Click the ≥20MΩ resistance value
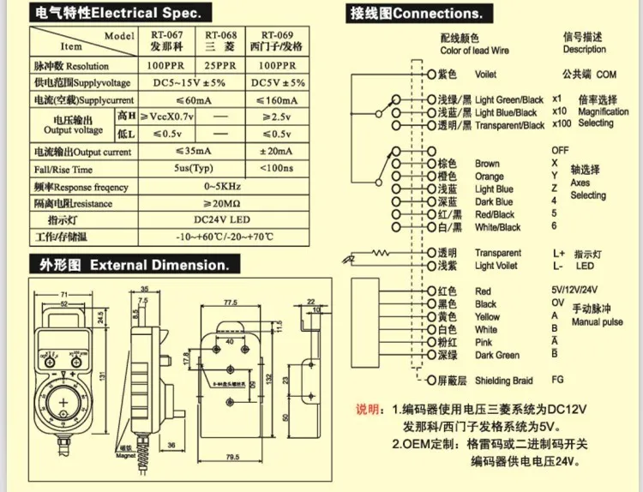(x=220, y=204)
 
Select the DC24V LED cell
(x=220, y=220)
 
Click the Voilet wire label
(x=485, y=75)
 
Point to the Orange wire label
(x=489, y=177)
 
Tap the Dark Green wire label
(x=496, y=355)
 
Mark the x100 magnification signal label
(x=563, y=124)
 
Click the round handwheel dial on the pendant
(x=64, y=402)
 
